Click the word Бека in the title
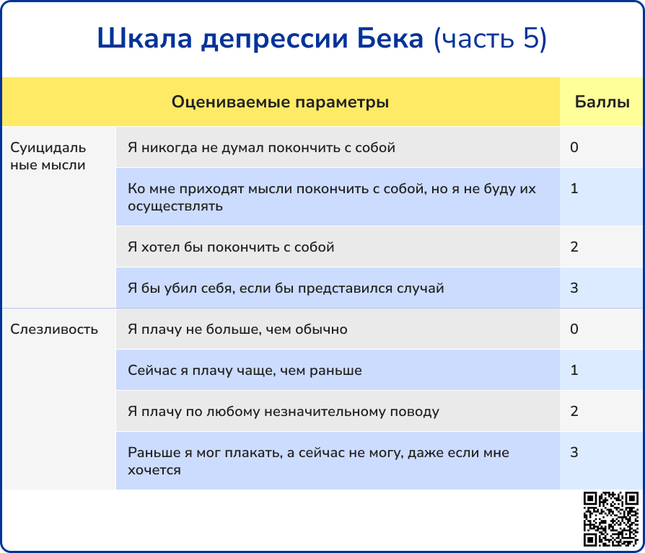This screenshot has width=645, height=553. [x=390, y=38]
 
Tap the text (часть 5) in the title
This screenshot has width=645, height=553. [x=491, y=39]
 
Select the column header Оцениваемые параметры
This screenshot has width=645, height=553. [x=280, y=102]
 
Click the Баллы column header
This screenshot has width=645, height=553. [x=602, y=102]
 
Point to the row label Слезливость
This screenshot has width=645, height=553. [x=54, y=329]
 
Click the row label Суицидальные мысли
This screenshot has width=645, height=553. [x=48, y=156]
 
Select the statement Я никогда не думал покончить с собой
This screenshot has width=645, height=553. [x=261, y=148]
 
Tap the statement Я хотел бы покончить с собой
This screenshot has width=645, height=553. [x=231, y=247]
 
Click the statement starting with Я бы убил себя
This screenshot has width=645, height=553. [x=286, y=288]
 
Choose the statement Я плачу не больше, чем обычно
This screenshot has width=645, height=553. [x=237, y=329]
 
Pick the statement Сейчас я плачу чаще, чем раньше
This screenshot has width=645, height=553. [x=245, y=371]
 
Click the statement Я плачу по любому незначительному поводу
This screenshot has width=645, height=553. [x=284, y=412]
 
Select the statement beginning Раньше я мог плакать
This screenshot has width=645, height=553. [x=318, y=461]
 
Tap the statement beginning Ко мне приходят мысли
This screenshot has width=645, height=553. [x=332, y=197]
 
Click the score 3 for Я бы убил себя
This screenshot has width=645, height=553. [x=574, y=288]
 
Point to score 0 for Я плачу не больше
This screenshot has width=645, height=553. [x=574, y=329]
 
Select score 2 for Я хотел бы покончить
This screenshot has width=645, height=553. [x=574, y=247]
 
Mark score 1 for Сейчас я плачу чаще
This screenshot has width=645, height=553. [x=574, y=370]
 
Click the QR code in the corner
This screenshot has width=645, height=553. [x=611, y=519]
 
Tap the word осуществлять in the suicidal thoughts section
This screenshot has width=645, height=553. [x=175, y=206]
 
